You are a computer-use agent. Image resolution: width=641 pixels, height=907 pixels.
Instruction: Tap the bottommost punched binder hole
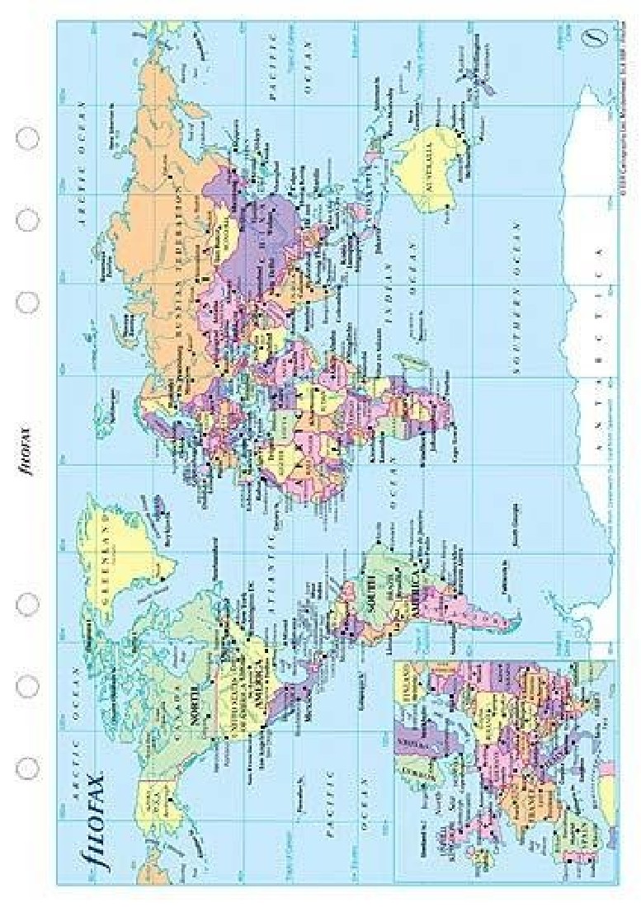tap(27, 767)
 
